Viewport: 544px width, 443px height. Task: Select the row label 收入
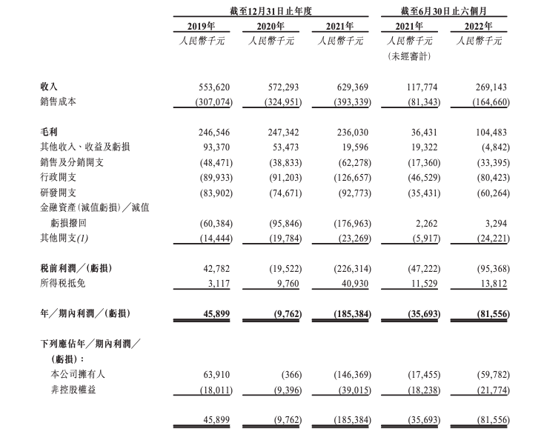pos(50,87)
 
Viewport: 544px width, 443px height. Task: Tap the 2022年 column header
pos(481,27)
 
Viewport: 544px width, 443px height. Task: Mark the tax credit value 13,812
pos(491,282)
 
